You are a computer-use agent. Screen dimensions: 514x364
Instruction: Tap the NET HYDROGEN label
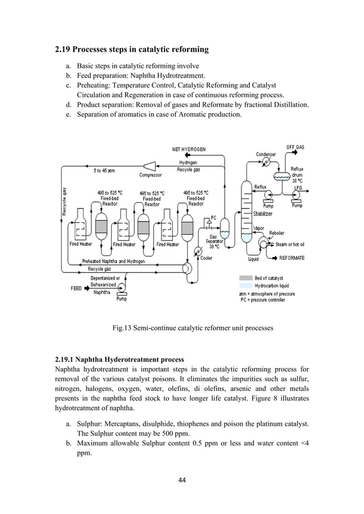point(189,149)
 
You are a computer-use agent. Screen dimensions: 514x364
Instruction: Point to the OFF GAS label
point(295,147)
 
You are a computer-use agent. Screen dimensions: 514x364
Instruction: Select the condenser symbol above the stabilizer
point(265,162)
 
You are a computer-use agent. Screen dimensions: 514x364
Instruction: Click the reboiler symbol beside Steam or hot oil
point(264,243)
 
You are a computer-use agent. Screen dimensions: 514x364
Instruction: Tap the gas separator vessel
point(225,227)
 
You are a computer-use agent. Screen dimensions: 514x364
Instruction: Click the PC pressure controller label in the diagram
point(213,217)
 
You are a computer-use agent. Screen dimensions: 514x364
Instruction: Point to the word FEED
point(76,288)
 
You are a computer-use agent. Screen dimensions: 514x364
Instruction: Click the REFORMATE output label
point(292,258)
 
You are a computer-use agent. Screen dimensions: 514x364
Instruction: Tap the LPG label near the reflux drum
point(298,187)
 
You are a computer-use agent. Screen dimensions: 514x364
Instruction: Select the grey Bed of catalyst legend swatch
point(245,278)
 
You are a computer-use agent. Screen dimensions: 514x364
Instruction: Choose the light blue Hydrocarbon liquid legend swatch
point(245,285)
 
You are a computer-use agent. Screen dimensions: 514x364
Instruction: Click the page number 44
point(182,480)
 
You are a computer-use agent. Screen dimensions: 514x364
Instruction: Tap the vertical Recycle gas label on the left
point(64,202)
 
